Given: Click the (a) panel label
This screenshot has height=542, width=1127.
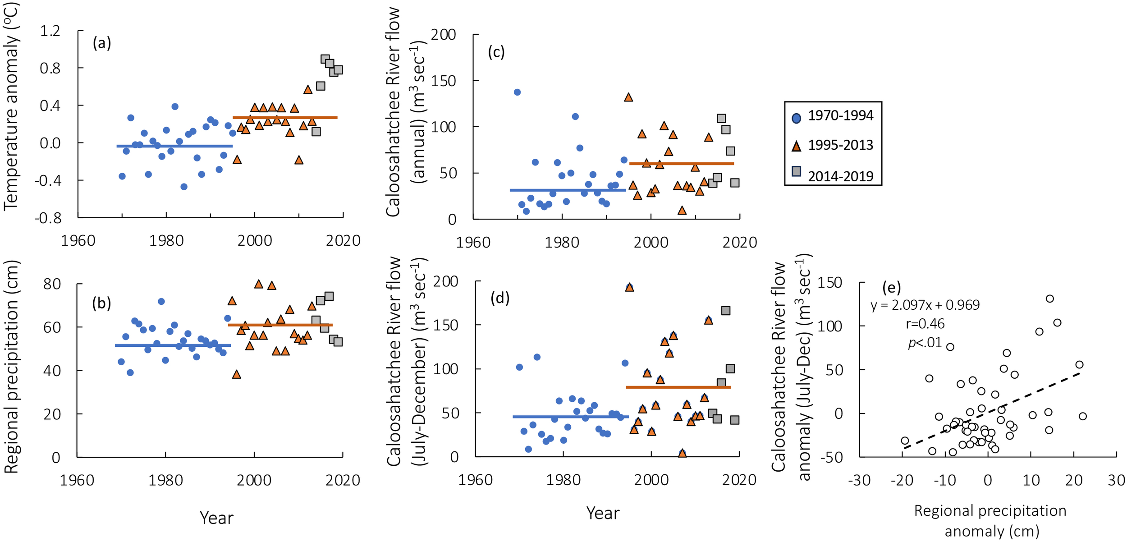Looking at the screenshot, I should [101, 43].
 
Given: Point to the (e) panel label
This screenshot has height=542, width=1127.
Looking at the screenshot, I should [891, 287].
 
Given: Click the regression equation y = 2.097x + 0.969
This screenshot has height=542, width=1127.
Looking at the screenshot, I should [925, 305].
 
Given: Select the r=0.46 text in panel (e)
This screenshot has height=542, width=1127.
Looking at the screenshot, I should [925, 324].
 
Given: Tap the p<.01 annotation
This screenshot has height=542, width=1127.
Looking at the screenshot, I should [925, 343].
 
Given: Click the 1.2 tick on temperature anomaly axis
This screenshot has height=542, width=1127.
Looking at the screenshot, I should [50, 31].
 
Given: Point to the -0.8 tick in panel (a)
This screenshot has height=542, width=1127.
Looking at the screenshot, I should [48, 218].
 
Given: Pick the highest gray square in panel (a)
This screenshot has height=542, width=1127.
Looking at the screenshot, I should [325, 59].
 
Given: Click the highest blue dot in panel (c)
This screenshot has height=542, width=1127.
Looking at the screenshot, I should [517, 92].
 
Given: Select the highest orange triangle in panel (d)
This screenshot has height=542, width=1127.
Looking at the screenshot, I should [629, 287].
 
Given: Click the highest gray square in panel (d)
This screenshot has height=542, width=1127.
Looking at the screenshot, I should [725, 311].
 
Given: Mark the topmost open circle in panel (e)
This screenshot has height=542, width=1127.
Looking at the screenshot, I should [1049, 299].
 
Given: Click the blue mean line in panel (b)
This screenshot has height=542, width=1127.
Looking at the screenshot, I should [173, 345].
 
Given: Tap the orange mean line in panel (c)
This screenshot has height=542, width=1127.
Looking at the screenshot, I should [681, 164].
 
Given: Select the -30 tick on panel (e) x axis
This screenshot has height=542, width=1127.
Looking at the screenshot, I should [859, 481].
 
